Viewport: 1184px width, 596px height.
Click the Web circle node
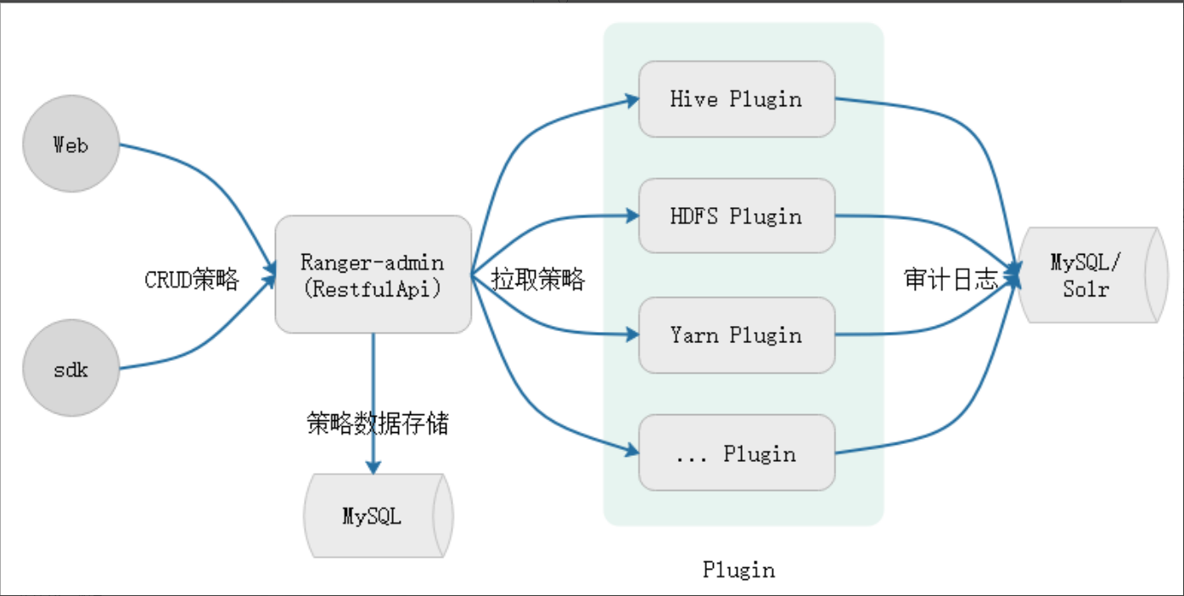point(70,143)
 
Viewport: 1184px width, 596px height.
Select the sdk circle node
point(70,368)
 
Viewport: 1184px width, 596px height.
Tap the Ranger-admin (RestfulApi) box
point(373,273)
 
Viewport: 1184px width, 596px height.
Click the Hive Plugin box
point(736,98)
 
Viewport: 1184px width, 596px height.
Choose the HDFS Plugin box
point(736,216)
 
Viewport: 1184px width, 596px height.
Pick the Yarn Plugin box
point(736,335)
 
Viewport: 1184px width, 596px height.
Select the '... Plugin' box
point(736,453)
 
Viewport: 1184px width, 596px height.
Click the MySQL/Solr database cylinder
point(1091,274)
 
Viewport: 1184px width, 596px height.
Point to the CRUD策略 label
point(192,279)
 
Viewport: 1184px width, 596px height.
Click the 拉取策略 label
point(538,279)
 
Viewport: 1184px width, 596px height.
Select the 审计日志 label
point(951,279)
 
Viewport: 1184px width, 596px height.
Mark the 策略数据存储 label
point(377,423)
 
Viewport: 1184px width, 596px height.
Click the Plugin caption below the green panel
point(738,570)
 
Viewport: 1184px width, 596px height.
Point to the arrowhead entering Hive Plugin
point(631,99)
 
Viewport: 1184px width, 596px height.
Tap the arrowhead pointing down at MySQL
point(373,466)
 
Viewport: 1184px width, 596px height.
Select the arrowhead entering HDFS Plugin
point(631,216)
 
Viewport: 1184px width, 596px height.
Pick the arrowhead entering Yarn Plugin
point(631,335)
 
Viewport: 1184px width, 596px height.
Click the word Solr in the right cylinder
point(1086,289)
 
